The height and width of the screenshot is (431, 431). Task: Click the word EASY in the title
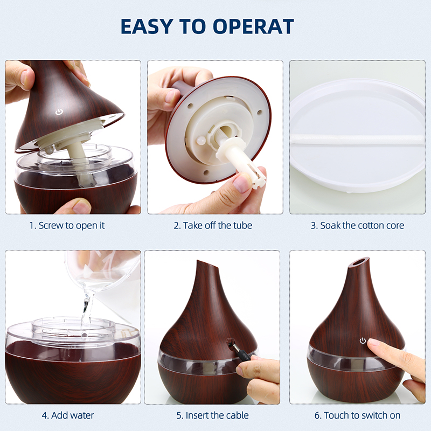pos(147,26)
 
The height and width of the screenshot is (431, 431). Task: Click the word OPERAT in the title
pos(253,26)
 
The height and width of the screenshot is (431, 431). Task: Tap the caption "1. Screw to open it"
pos(67,225)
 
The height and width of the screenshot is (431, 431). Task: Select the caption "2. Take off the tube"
pos(213,225)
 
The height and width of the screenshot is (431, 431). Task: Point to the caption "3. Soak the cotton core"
pos(357,225)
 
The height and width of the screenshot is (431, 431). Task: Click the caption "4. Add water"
pos(68,415)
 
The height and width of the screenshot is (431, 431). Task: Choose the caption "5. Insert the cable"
pos(212,415)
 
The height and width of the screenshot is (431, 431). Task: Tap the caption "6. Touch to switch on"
pos(357,415)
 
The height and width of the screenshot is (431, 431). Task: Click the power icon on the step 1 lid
pos(59,112)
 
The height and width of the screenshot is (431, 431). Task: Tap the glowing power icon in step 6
pos(363,341)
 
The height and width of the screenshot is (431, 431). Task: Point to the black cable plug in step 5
pos(240,351)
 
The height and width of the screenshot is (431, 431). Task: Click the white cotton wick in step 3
pos(357,139)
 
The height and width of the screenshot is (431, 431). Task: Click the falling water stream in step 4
pos(87,311)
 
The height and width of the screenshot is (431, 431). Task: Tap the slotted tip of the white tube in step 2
pos(256,177)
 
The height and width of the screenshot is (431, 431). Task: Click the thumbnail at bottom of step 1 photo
pos(81,207)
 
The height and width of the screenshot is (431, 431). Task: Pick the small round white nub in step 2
pos(201,140)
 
